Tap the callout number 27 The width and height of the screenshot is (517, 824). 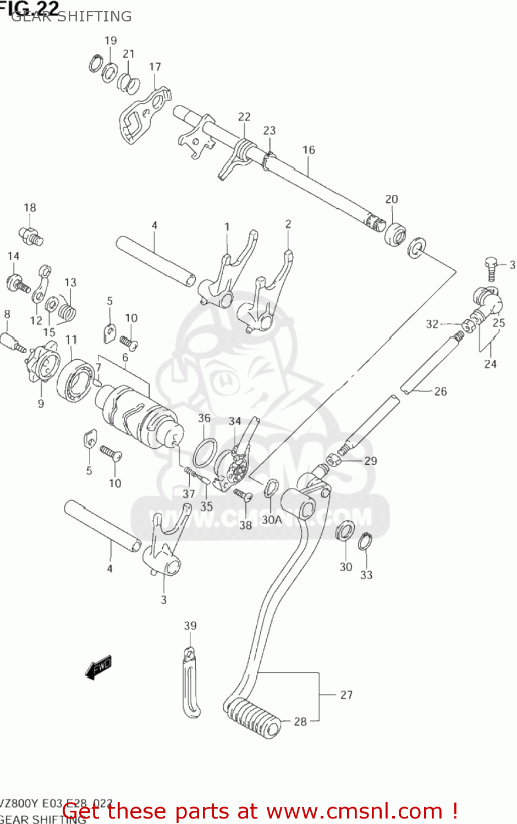346,695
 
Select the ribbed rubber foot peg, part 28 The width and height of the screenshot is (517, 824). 253,717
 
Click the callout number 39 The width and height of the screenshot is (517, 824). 190,626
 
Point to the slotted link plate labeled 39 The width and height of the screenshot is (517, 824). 191,684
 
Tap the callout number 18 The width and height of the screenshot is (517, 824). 30,208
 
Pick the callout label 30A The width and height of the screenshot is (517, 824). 271,520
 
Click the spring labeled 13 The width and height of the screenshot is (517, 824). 67,311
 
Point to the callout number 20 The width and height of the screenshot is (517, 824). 392,199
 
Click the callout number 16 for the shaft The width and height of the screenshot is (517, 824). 309,150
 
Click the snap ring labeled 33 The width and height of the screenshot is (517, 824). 364,542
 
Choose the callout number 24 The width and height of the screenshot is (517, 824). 490,364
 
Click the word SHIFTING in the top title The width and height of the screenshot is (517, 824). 95,16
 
